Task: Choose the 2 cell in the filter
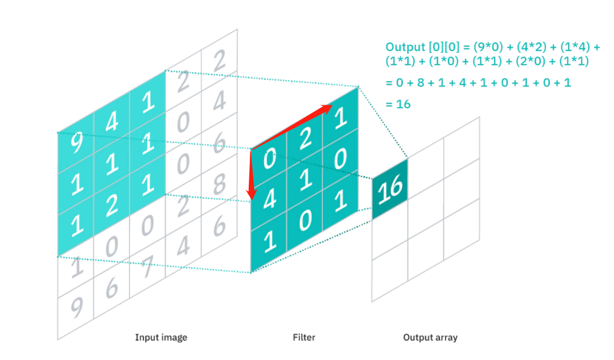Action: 305,142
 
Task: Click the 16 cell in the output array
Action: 389,188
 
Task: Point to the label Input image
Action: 161,338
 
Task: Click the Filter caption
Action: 304,338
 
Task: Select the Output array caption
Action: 430,338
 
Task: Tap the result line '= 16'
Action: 398,104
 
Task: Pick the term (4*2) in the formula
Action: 520,47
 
